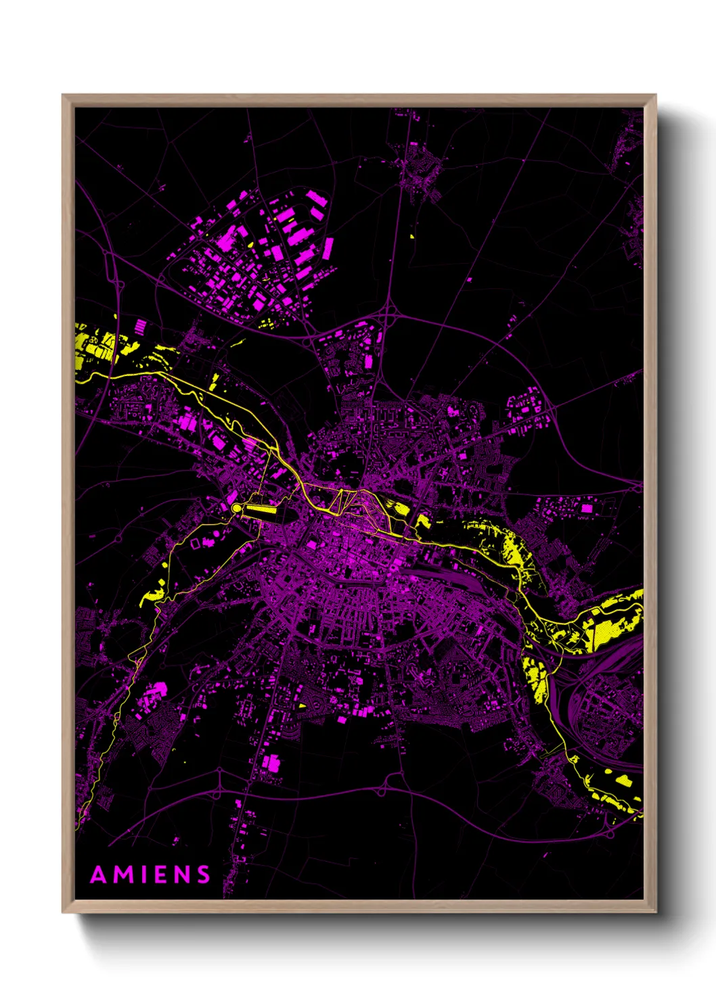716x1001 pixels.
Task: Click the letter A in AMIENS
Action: [99, 875]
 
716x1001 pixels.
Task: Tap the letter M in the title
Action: [124, 875]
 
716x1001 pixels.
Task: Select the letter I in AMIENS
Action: [144, 875]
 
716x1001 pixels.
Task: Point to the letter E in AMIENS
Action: [161, 875]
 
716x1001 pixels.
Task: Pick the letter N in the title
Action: [182, 875]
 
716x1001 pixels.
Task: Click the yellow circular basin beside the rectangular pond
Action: [236, 507]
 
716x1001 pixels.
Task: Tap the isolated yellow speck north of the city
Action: [412, 237]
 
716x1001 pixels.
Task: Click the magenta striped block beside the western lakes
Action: [139, 326]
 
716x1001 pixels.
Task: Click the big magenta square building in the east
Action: [587, 507]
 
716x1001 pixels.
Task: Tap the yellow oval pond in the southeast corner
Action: [623, 781]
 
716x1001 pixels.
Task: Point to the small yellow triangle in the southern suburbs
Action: [302, 705]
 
